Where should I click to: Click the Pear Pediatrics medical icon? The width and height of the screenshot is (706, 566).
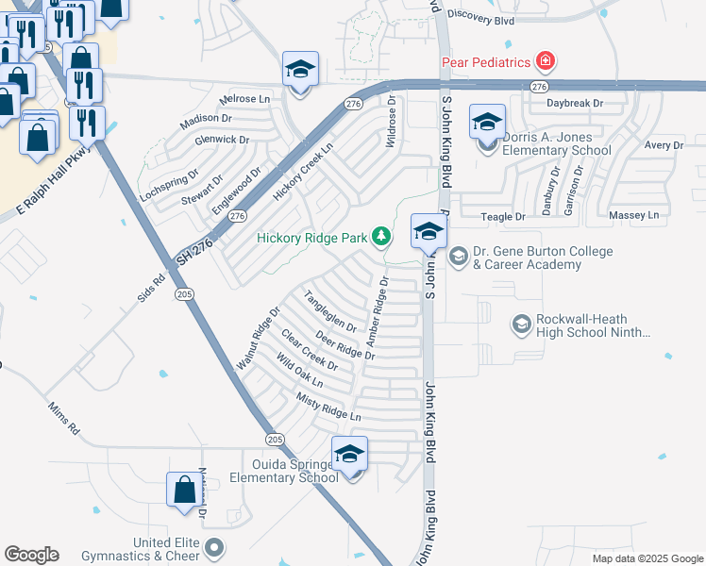545,62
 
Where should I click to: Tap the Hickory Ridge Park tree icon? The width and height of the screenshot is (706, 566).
381,237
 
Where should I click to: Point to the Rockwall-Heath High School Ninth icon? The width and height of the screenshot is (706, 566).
520,325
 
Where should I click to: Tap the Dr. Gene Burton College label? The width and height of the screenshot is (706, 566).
543,258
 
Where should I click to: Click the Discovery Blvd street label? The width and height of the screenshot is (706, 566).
480,16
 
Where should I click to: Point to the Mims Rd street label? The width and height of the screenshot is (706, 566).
64,416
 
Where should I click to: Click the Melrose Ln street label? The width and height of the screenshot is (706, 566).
244,99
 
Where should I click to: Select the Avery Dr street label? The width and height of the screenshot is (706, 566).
664,145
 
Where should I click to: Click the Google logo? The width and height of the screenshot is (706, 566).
31,555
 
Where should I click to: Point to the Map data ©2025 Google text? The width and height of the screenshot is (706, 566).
646,558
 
